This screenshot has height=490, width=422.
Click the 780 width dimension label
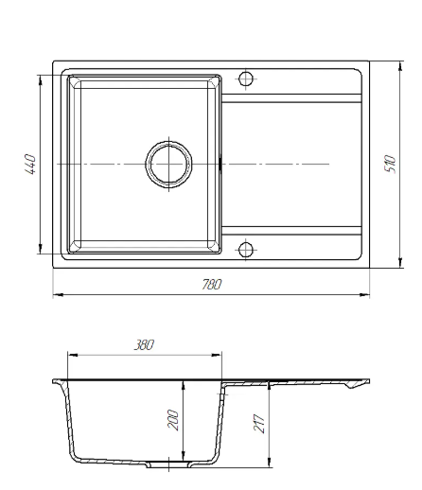pos(212,285)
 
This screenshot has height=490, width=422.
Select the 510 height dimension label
pos(390,164)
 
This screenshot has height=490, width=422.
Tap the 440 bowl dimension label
pos(30,164)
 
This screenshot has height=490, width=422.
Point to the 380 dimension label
pos(144,344)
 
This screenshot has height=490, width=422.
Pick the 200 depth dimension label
pos(173,420)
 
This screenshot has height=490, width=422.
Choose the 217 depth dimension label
pos(258,423)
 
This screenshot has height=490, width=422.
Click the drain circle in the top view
pos(169,165)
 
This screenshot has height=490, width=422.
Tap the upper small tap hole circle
pos(246,79)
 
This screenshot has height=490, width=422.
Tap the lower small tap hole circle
pos(246,250)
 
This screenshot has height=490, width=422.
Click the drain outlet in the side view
pos(169,464)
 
